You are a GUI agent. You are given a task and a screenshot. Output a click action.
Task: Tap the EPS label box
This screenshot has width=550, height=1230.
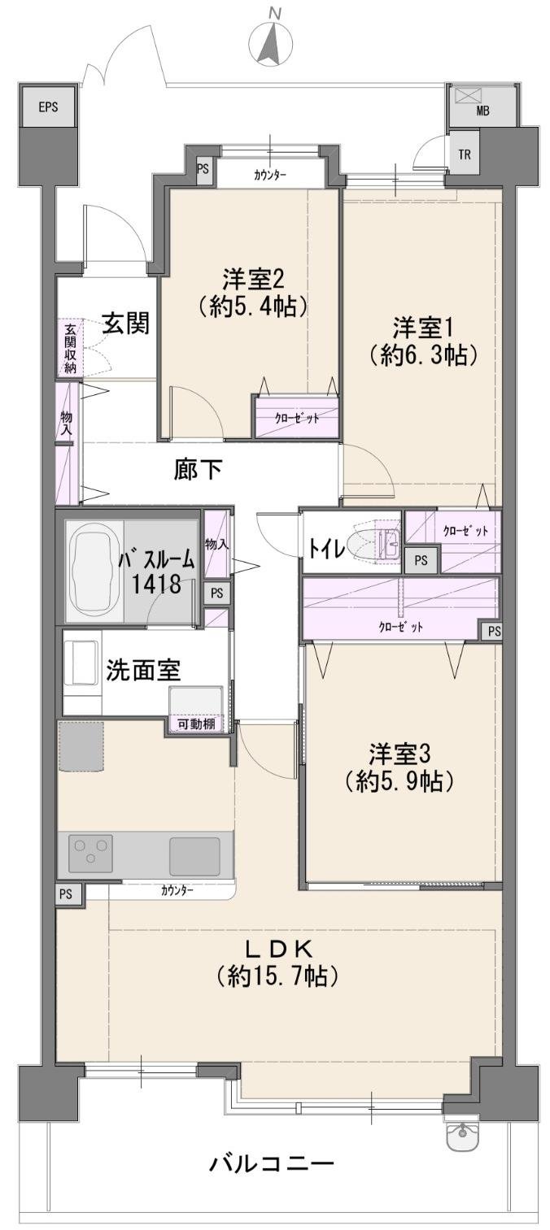click(x=48, y=106)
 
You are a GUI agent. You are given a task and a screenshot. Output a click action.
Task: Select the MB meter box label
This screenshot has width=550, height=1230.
click(x=482, y=111)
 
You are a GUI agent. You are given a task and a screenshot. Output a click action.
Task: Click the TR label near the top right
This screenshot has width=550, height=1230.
click(x=465, y=154)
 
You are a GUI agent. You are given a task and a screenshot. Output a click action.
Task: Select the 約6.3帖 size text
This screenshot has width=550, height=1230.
click(x=422, y=356)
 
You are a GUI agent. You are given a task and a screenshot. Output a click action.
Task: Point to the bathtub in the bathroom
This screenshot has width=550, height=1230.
click(x=95, y=567)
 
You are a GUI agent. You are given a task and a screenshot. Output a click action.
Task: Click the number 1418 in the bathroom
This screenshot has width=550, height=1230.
click(x=155, y=585)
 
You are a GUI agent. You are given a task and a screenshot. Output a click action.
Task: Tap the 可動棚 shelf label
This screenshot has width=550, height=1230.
click(x=195, y=724)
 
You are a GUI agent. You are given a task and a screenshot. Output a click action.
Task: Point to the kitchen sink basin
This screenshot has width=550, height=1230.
click(x=194, y=856)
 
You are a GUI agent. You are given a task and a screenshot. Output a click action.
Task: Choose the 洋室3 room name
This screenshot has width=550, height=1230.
click(x=399, y=754)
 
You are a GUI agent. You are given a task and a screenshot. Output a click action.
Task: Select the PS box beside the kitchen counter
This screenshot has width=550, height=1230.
click(x=66, y=893)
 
